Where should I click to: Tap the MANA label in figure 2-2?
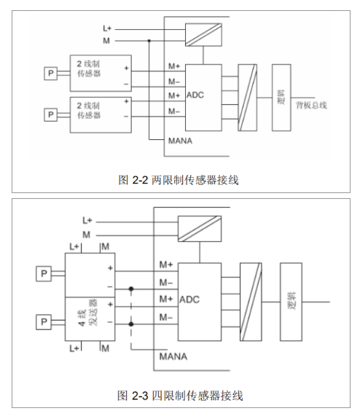click(180, 140)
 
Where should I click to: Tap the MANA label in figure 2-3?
click(173, 356)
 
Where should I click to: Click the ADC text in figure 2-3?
click(189, 299)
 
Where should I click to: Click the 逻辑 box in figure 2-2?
click(281, 98)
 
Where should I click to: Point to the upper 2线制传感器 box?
click(101, 73)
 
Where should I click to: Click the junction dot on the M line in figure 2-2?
click(149, 41)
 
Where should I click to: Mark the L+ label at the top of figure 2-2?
click(106, 28)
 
